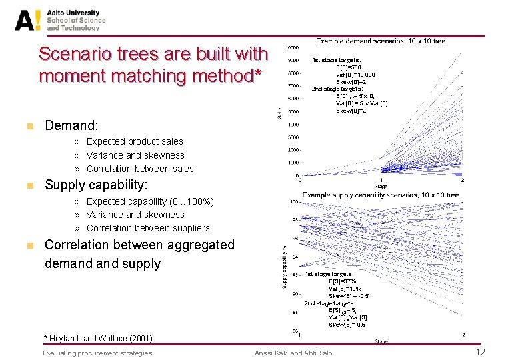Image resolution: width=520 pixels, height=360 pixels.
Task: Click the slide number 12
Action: tap(479, 352)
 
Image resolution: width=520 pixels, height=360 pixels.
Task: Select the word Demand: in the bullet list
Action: tap(71, 125)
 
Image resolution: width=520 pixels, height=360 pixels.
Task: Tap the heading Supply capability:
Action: tap(96, 185)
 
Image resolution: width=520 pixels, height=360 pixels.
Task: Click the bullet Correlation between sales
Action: tap(140, 169)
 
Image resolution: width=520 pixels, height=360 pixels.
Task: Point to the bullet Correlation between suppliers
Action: tap(148, 228)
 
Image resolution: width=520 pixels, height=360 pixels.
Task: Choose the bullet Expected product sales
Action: tap(135, 141)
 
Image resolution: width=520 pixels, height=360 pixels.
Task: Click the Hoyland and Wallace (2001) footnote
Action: tap(99, 339)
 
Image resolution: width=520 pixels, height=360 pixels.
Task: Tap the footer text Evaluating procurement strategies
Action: tap(97, 353)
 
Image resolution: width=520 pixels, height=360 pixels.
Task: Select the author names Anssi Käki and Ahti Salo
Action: tap(293, 353)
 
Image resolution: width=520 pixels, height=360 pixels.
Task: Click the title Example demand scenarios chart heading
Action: tap(380, 41)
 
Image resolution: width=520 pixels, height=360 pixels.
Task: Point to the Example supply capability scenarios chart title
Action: tap(380, 195)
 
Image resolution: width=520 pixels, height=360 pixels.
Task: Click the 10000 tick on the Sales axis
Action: tap(292, 48)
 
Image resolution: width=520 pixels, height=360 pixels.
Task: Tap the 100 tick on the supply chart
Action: tap(293, 201)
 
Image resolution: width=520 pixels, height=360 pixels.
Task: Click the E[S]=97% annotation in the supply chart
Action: tap(342, 281)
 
